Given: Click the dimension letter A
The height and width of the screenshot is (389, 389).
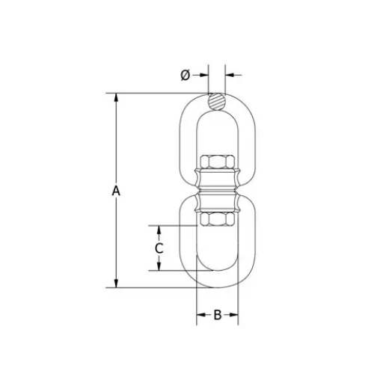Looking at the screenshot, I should point(116,192).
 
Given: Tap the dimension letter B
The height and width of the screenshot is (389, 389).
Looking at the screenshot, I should point(217,315).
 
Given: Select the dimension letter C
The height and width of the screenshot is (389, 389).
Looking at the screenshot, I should point(159,248).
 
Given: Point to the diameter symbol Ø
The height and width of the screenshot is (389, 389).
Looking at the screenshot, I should point(185,74).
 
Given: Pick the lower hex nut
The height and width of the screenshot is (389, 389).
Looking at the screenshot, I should point(217,219).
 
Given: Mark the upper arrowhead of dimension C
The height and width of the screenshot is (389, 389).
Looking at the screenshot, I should point(159,229).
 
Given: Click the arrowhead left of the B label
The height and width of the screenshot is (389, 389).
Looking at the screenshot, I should point(200,315).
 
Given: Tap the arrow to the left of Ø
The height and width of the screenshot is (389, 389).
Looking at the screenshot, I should point(203,74).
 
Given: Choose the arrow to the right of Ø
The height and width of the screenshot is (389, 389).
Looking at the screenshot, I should point(230,74).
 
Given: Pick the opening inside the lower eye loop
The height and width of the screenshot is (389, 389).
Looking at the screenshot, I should point(217,251).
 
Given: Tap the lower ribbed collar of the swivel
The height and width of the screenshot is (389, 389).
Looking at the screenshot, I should point(217,202).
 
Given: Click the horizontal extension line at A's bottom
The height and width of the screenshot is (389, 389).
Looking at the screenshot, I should point(150,287).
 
